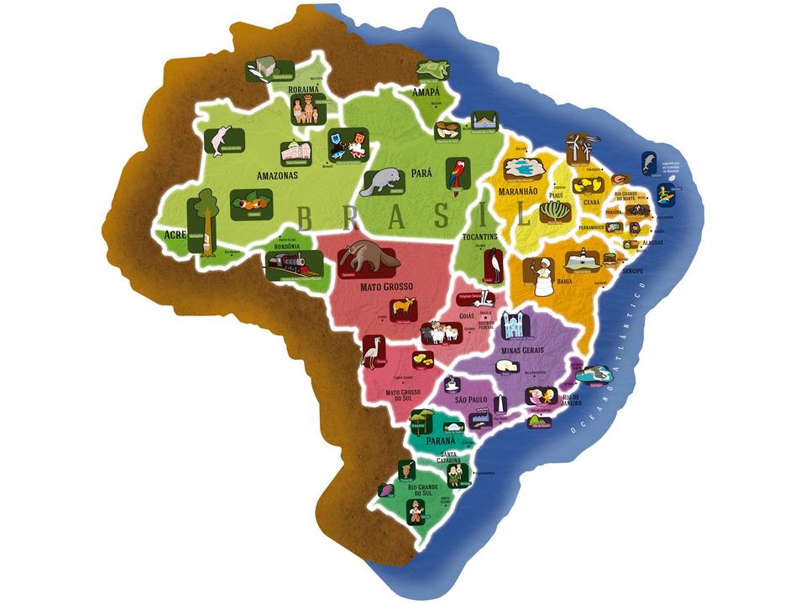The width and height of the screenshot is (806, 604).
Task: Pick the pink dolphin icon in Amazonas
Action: [x=222, y=140]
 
